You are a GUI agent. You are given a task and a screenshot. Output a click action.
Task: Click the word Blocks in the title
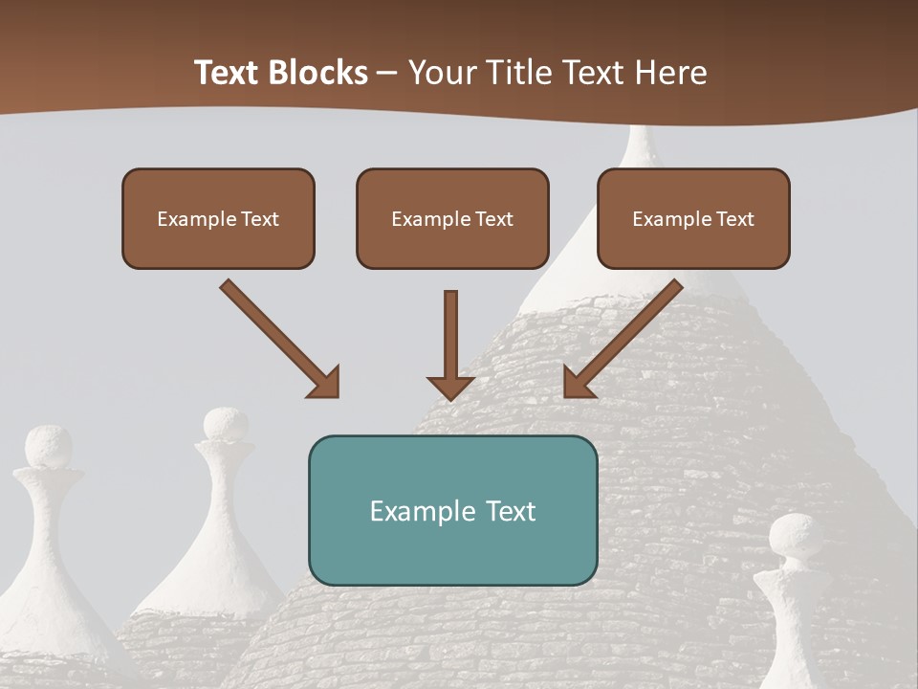[317, 72]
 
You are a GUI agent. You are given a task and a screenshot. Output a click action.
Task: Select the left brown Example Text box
[218, 218]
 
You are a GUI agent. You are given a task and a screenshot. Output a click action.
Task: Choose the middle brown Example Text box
[452, 218]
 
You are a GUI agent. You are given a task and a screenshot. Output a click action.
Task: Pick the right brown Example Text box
[693, 218]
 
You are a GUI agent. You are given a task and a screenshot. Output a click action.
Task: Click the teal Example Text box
[452, 510]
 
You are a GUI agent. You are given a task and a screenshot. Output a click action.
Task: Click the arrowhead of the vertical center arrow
[450, 387]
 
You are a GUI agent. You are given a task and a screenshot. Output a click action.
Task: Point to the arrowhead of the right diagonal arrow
[577, 383]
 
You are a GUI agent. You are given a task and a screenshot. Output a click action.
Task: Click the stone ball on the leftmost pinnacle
[48, 447]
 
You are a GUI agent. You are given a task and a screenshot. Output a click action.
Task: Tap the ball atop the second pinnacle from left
[226, 424]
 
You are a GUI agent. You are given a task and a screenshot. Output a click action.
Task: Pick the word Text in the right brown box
[734, 219]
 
